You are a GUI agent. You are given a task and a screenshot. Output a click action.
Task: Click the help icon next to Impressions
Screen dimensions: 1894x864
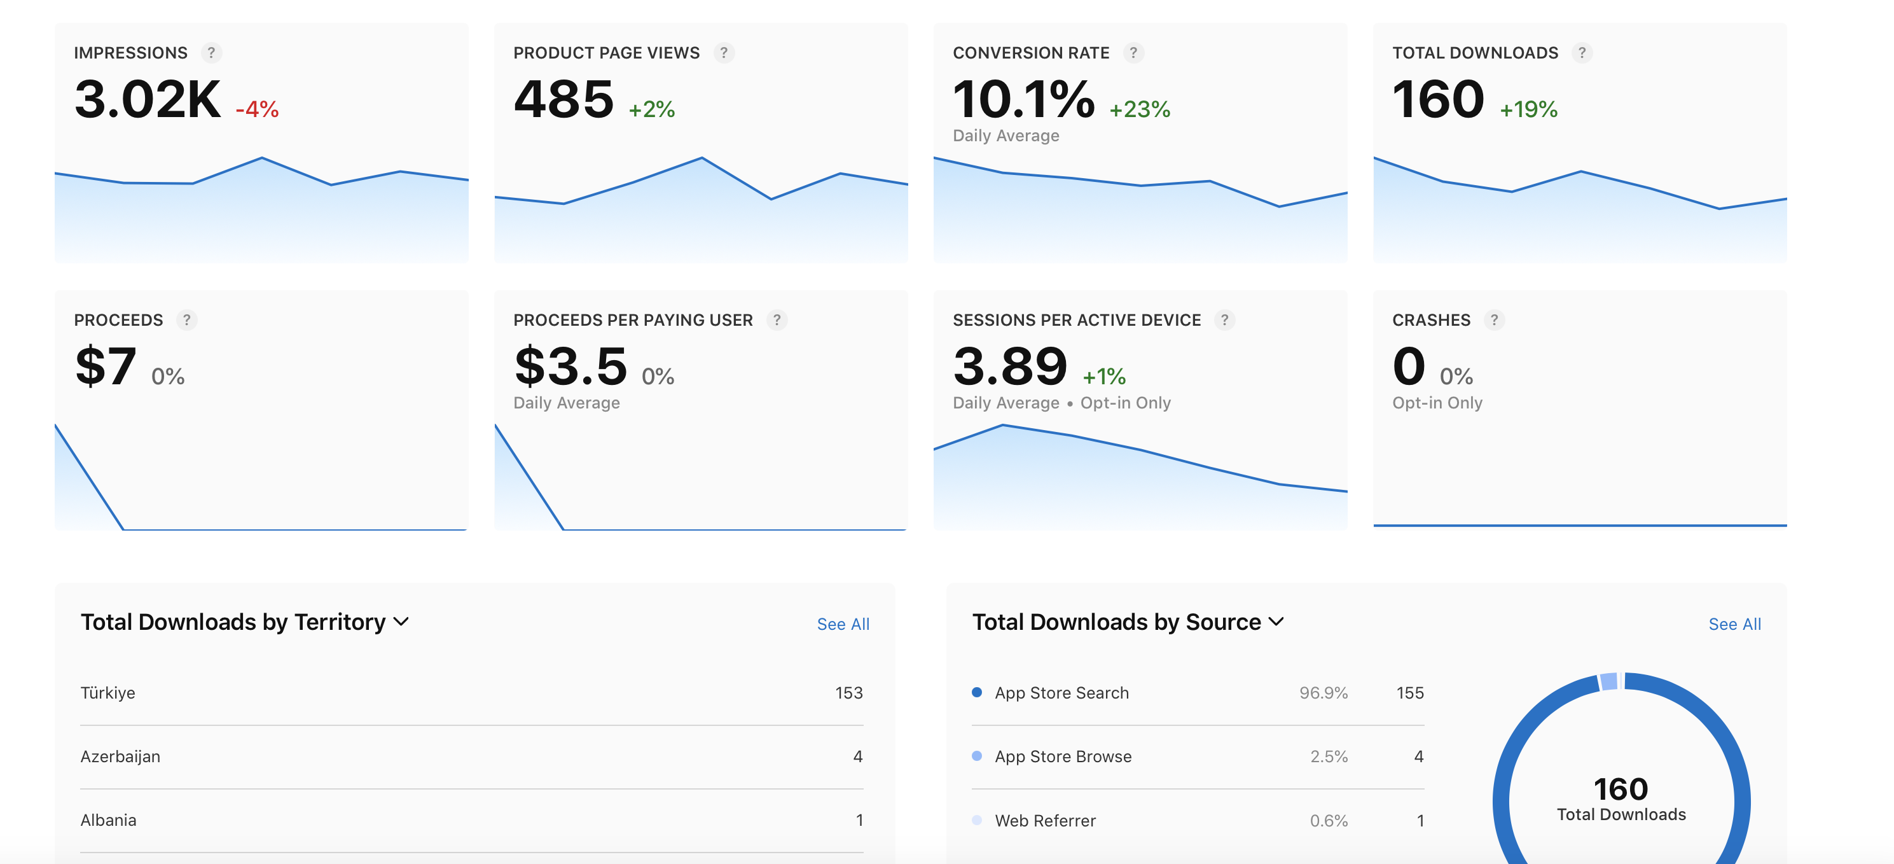tap(211, 53)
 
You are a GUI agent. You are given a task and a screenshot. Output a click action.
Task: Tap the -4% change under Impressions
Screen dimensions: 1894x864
tap(256, 109)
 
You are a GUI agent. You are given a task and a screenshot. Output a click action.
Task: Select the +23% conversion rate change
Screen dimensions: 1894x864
tap(1139, 109)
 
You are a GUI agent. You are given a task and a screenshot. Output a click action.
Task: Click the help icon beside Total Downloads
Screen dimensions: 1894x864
tap(1582, 53)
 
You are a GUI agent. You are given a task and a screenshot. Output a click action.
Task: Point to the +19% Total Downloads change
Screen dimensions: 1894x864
tap(1528, 109)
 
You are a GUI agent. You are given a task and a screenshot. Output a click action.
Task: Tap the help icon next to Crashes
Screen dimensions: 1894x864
tap(1493, 320)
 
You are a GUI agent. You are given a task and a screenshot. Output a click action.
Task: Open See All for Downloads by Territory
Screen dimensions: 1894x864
tap(843, 624)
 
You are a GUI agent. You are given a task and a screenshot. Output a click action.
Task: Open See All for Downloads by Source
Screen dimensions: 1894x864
tap(1734, 624)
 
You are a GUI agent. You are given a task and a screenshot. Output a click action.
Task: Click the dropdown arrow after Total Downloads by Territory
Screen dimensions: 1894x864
tap(401, 622)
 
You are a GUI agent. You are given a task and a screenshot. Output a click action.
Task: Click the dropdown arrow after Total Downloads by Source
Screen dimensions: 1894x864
tap(1276, 622)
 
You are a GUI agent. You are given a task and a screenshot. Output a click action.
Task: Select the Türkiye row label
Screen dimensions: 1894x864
tap(107, 693)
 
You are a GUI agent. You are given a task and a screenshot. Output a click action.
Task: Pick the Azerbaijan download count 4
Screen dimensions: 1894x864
tap(857, 756)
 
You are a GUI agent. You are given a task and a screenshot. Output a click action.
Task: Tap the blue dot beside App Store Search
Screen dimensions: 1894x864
tap(976, 692)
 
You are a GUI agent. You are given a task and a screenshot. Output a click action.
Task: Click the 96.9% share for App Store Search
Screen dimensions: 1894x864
tap(1323, 693)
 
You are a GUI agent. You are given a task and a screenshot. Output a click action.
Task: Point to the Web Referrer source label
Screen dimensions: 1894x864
tap(1045, 821)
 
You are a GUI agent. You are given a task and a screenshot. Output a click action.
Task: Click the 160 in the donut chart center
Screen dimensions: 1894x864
tap(1621, 789)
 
